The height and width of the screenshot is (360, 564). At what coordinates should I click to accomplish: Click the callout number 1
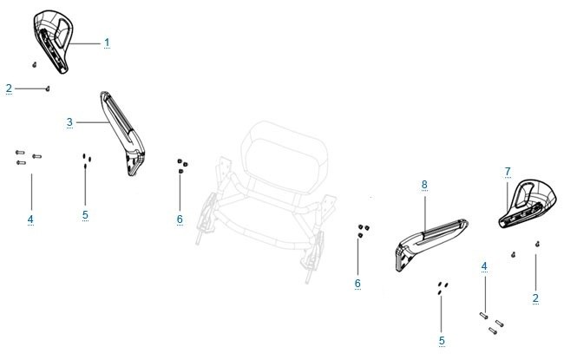tap(107, 43)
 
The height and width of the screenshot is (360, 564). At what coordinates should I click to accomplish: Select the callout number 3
tap(69, 122)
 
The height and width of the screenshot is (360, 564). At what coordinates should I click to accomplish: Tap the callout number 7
tap(508, 172)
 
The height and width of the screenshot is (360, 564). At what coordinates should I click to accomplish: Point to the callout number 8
tap(424, 185)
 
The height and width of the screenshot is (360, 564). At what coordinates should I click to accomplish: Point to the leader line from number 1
tap(84, 43)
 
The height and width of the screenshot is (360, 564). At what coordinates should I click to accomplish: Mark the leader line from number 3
tap(93, 122)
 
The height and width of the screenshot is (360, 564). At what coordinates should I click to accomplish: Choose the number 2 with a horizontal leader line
tap(9, 88)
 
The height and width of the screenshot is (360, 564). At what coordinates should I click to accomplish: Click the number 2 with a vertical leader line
tap(535, 298)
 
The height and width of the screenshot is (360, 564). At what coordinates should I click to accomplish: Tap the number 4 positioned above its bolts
tap(484, 266)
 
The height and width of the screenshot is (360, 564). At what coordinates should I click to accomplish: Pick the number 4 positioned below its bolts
tap(30, 219)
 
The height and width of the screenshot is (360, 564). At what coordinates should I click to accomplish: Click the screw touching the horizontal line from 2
tap(48, 88)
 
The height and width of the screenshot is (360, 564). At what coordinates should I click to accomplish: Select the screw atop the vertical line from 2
tap(537, 245)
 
